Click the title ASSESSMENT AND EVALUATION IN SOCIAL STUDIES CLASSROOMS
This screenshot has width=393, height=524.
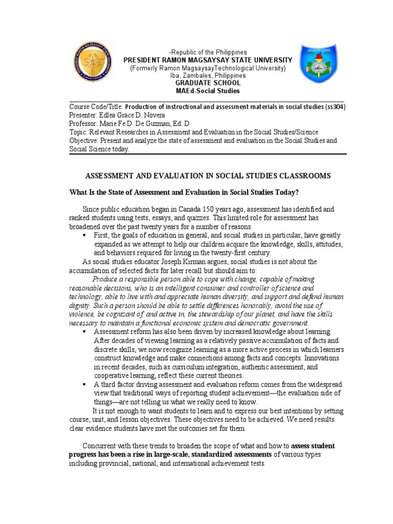207,176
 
